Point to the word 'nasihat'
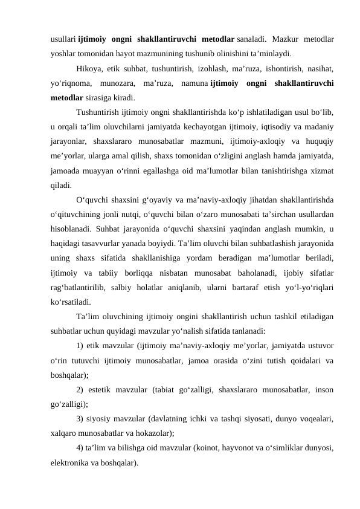tap(322, 68)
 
